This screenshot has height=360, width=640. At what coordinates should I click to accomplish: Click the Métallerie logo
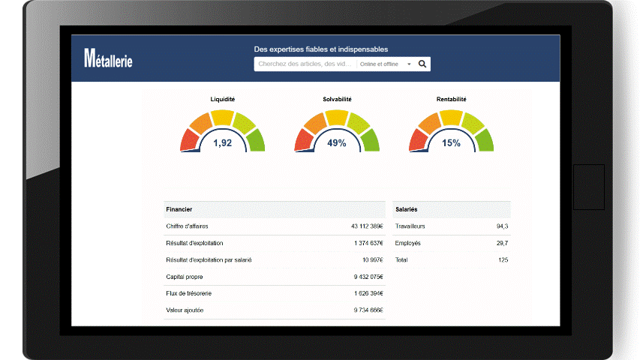[109, 58]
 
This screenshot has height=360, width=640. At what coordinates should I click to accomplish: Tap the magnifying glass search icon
[422, 64]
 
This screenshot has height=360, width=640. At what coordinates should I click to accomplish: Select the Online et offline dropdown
[386, 64]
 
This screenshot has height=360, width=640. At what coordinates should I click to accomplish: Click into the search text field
[305, 64]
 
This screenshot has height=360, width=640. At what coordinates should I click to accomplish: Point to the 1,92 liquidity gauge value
[223, 142]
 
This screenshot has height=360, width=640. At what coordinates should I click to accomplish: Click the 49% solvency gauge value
[337, 142]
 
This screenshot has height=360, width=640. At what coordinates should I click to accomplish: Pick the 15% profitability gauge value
[451, 142]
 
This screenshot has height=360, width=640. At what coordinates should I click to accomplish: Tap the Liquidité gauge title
[223, 99]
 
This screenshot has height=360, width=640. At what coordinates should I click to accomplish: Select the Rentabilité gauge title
[451, 99]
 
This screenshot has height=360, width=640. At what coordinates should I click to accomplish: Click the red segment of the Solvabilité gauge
[304, 140]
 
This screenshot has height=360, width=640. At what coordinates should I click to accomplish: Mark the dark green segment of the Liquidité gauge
[255, 139]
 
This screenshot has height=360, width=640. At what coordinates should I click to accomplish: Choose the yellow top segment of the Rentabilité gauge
[451, 117]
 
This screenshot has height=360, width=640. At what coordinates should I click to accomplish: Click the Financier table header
[179, 209]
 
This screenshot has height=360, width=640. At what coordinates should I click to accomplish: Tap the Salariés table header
[406, 209]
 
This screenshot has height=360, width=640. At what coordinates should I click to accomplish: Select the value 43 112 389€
[367, 226]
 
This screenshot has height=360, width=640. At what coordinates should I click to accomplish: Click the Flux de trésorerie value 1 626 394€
[368, 293]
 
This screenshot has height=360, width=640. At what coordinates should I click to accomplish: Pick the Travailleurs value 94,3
[502, 226]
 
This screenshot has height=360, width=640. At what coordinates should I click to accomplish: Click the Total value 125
[503, 260]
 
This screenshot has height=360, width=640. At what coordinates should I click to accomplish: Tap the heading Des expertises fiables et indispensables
[321, 49]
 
